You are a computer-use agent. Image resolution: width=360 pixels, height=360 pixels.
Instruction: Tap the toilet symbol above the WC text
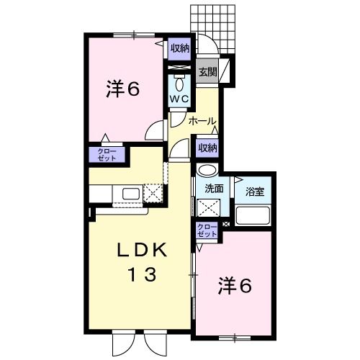(179, 81)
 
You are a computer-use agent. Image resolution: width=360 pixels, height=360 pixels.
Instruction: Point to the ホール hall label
(202, 122)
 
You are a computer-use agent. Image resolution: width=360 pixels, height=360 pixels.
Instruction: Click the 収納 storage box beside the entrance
(180, 48)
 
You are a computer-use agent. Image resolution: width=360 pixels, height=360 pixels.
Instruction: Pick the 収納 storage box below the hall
(207, 147)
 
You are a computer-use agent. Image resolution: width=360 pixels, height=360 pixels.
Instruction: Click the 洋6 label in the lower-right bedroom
(235, 287)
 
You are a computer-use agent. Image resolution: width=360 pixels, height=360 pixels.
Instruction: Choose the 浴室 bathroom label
(255, 192)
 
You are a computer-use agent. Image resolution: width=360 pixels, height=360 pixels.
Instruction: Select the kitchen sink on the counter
(130, 193)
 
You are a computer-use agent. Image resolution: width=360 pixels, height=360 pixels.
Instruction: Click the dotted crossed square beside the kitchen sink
(153, 193)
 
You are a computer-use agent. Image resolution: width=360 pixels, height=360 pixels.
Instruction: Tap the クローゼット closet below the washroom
(208, 231)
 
